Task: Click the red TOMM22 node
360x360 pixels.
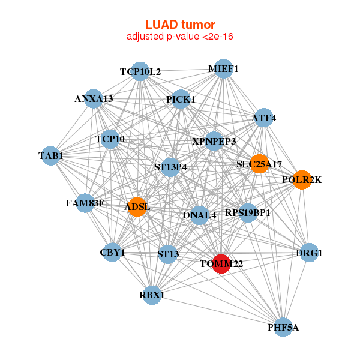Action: coord(221,264)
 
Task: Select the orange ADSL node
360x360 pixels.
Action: coord(137,207)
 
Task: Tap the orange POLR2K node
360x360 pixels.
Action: coord(302,180)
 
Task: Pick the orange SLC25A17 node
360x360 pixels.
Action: coord(259,164)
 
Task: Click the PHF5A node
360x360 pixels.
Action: coord(283,327)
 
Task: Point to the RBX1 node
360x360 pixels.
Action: coord(152,295)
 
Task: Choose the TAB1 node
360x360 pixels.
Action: coord(50,156)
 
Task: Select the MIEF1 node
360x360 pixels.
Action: coord(223,69)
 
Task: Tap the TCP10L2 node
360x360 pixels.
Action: coord(140,71)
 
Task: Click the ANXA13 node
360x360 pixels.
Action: coord(94,99)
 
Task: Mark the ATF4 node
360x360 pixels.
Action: coord(264,118)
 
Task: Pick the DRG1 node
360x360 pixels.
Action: coord(309,253)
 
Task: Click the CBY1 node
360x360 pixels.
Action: coord(112,253)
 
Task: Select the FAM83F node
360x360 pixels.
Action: coord(85,203)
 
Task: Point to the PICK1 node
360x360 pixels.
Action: coord(181,99)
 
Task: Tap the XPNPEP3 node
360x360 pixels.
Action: coord(214,141)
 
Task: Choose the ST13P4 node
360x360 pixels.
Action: coord(170,167)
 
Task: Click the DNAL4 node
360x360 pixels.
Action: coord(200,215)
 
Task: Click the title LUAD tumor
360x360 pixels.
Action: coord(180,25)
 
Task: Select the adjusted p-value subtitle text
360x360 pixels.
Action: coord(180,37)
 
